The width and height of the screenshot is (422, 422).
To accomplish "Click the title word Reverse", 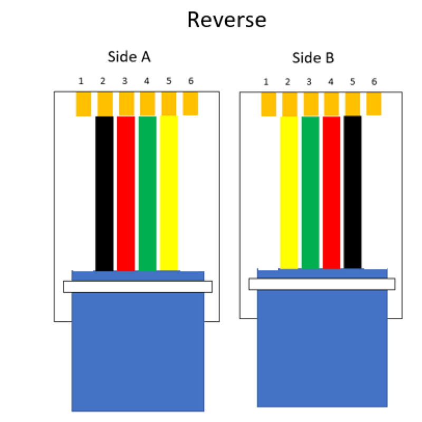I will [227, 20].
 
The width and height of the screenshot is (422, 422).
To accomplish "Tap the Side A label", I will [129, 57].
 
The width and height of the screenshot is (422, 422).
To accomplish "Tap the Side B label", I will [313, 58].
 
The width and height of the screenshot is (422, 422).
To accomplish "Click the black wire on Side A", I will [104, 193].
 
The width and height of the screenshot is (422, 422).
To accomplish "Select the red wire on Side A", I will [126, 193].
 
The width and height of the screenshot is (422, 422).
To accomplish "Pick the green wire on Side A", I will [147, 193].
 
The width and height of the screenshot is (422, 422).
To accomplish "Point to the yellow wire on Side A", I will [169, 193].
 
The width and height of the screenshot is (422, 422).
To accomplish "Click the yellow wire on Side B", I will [289, 193].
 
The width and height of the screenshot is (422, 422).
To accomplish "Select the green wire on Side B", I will [311, 193].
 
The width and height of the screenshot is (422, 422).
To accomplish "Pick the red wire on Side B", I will [331, 193].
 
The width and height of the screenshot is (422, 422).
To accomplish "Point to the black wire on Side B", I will [352, 193].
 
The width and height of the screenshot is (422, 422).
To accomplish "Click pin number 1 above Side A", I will [81, 81].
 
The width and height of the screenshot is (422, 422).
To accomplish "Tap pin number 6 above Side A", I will [190, 81].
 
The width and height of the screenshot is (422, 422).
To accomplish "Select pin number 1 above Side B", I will [266, 82].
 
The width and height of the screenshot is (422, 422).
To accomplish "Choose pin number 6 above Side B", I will [374, 82].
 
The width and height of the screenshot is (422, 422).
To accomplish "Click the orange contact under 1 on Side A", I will [83, 104].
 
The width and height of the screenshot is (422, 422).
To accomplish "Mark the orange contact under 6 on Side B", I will [373, 103].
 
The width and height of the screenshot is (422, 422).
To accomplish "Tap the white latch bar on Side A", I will [138, 286].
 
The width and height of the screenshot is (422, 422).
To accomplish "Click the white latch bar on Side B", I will [322, 284].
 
